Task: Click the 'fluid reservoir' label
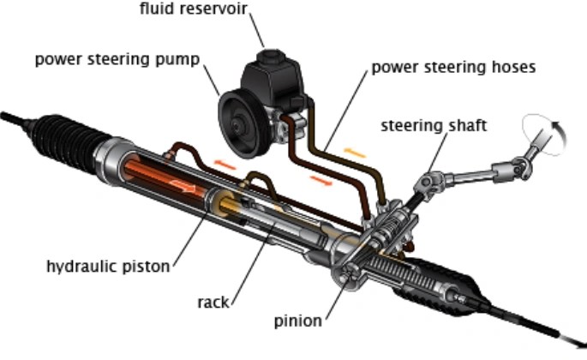(194, 9)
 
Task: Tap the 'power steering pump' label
(117, 59)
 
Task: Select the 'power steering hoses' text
(453, 68)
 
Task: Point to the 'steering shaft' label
(434, 125)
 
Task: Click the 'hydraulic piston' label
(108, 267)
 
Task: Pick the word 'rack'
(213, 302)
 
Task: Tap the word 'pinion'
(298, 321)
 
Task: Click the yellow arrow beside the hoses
(354, 153)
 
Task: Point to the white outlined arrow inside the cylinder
(183, 186)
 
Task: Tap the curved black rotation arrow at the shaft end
(560, 134)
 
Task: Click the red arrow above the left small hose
(225, 165)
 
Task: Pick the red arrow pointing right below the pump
(321, 180)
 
